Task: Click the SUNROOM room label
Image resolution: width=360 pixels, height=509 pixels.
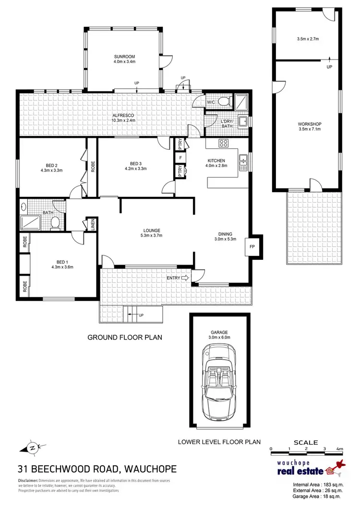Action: [124, 56]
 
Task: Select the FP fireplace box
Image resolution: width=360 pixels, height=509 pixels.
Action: [252, 247]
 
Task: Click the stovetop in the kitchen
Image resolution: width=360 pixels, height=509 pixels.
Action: [223, 143]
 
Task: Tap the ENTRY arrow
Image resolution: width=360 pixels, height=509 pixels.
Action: [186, 278]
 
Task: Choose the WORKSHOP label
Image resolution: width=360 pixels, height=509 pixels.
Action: [309, 123]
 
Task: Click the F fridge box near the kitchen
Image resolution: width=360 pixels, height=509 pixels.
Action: [180, 158]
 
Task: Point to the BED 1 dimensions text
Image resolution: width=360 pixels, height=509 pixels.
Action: [62, 267]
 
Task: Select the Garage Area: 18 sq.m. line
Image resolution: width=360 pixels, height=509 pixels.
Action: [317, 497]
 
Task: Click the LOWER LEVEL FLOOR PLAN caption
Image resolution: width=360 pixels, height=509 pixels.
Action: [219, 441]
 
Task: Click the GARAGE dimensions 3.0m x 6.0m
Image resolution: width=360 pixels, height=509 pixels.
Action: [219, 338]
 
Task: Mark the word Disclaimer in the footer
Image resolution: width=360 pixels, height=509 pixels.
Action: [27, 481]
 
